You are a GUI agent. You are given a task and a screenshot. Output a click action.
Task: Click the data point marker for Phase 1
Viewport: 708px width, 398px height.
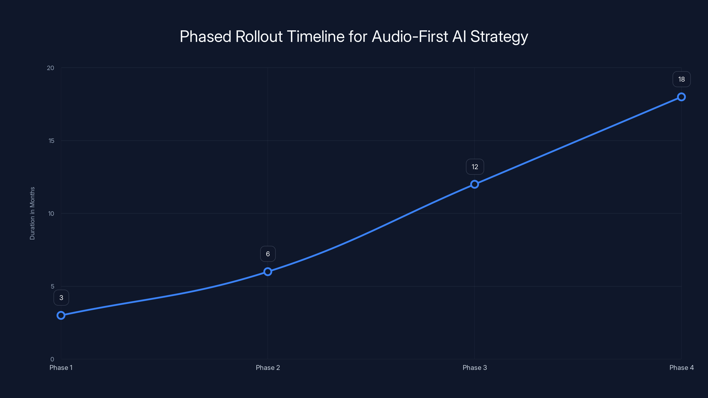pyautogui.click(x=61, y=315)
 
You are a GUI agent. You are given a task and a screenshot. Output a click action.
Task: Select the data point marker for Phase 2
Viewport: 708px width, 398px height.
pyautogui.click(x=268, y=272)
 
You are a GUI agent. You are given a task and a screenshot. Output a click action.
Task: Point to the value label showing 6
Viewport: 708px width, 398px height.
pyautogui.click(x=268, y=254)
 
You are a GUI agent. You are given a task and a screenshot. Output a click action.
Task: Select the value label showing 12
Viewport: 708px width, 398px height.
pyautogui.click(x=475, y=167)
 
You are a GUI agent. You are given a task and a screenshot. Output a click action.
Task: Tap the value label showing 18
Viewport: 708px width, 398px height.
pyautogui.click(x=681, y=79)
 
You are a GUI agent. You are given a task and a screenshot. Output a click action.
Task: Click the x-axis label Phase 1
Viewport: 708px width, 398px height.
pyautogui.click(x=61, y=367)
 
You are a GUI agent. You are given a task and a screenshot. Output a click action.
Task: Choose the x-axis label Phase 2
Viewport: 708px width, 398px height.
pyautogui.click(x=268, y=367)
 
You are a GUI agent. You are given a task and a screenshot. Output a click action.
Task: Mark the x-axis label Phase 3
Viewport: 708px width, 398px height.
pyautogui.click(x=475, y=367)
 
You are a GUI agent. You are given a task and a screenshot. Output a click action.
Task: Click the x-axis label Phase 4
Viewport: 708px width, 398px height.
pyautogui.click(x=681, y=367)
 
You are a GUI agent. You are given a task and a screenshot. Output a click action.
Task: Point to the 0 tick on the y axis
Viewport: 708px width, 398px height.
pyautogui.click(x=52, y=359)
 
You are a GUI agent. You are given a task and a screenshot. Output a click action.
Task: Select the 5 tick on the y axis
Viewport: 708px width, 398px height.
pyautogui.click(x=52, y=286)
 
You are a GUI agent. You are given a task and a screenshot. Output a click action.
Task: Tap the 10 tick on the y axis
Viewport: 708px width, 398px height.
pyautogui.click(x=51, y=213)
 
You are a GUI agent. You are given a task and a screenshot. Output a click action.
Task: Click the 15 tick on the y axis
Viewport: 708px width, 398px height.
pyautogui.click(x=51, y=141)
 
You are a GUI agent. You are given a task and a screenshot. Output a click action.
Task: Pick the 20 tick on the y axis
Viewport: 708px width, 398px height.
pyautogui.click(x=51, y=68)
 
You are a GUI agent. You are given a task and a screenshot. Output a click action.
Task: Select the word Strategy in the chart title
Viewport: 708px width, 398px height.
pyautogui.click(x=499, y=37)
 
